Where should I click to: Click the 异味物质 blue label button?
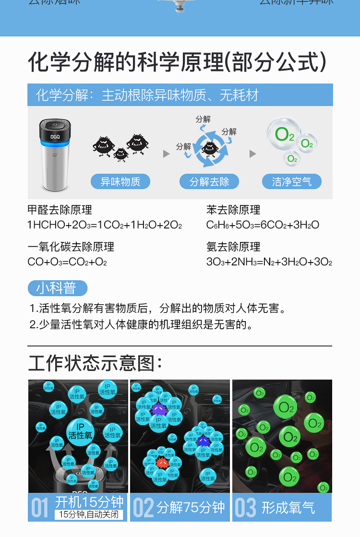coord(120,182)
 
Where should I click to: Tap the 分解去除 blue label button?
coord(209,182)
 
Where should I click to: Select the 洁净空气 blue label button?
coord(292,182)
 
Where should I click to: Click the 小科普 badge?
coord(58,288)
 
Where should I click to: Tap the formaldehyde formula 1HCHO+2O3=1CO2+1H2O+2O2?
coord(105,225)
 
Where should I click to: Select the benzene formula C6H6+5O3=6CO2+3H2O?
coord(263,225)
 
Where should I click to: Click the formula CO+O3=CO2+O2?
coord(67,262)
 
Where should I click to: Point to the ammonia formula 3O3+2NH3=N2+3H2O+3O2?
coord(269,262)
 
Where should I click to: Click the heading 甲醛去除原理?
coord(60,210)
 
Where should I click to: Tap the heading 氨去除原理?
coord(233,247)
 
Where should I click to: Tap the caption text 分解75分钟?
coord(191,507)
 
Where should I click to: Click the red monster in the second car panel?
coord(162,462)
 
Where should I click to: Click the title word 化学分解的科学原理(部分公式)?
coord(178,62)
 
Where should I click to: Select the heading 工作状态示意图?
coord(95,363)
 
